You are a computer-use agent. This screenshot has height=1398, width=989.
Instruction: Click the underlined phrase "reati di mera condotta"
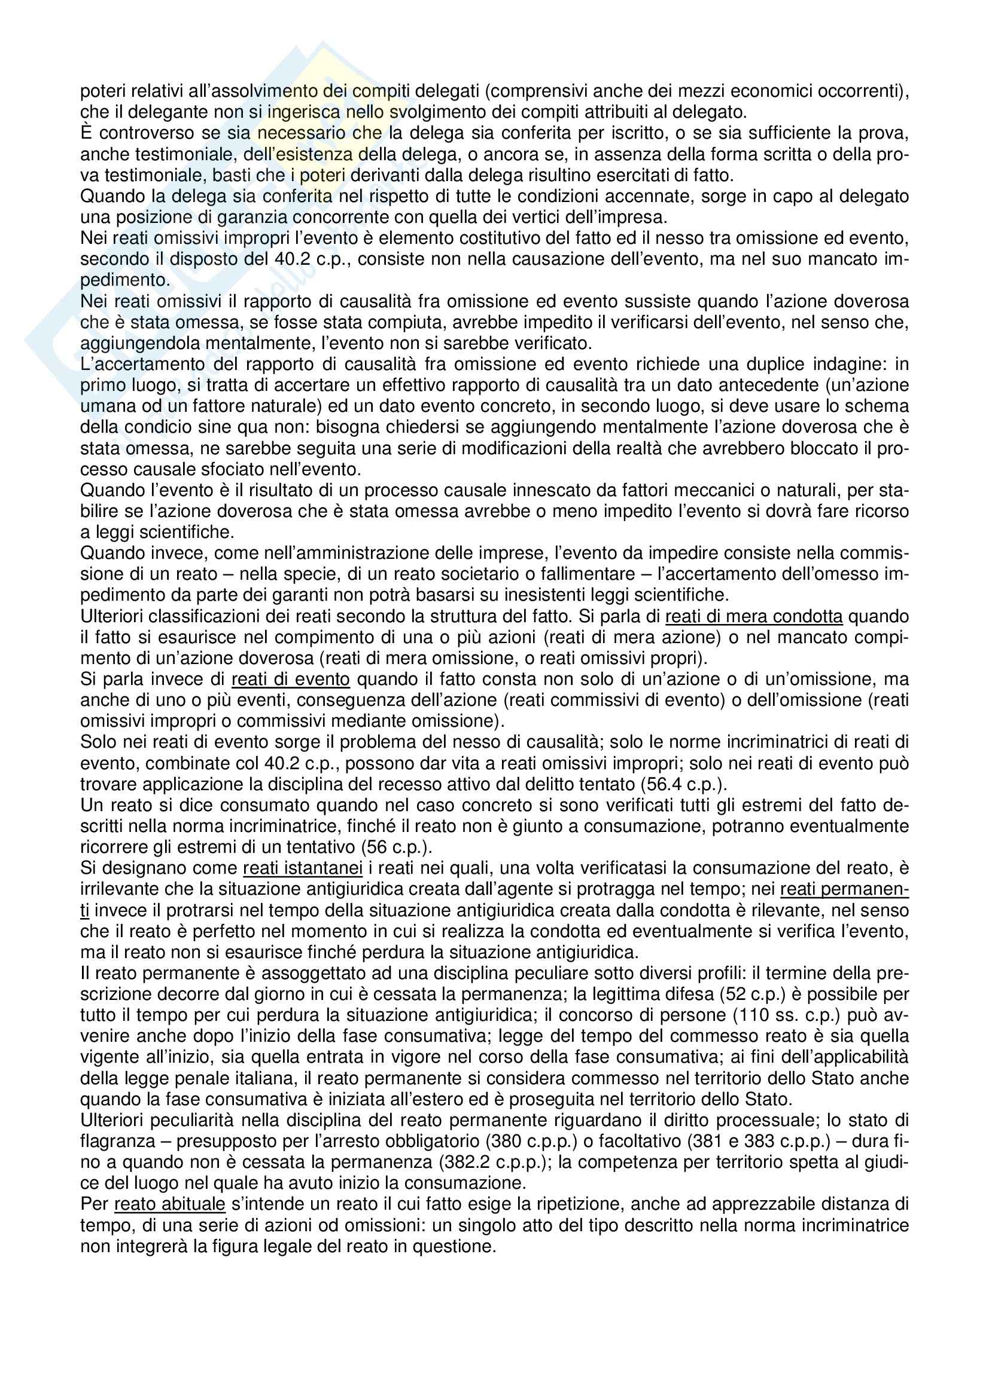(754, 617)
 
